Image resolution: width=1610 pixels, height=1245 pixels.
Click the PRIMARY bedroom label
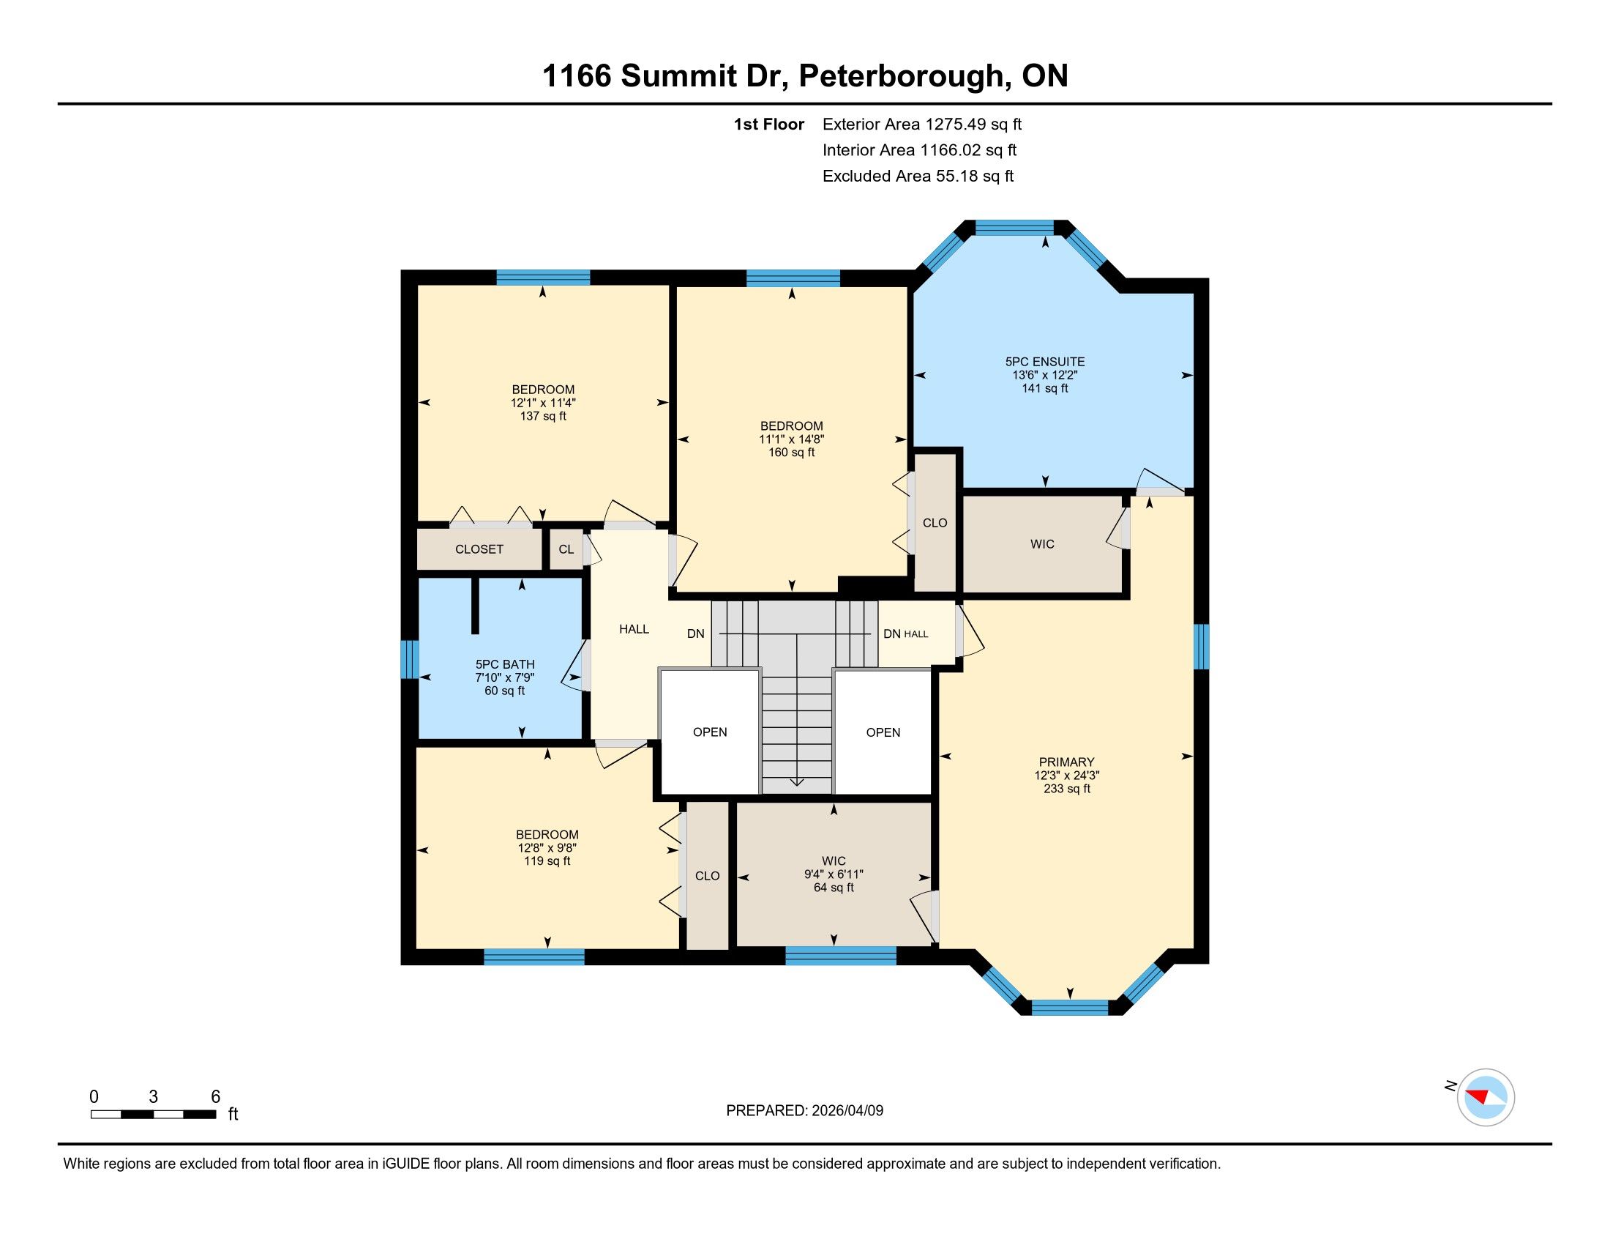pyautogui.click(x=1067, y=762)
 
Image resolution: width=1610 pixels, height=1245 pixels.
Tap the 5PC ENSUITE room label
pyautogui.click(x=1044, y=361)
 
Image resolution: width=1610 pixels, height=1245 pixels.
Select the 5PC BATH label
pyautogui.click(x=505, y=664)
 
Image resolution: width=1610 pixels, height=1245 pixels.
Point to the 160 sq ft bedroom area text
pyautogui.click(x=792, y=452)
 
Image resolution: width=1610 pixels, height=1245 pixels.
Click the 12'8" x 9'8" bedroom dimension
pyautogui.click(x=547, y=848)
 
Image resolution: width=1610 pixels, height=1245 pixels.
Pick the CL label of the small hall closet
pyautogui.click(x=566, y=549)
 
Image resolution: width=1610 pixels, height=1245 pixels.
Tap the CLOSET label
pyautogui.click(x=479, y=549)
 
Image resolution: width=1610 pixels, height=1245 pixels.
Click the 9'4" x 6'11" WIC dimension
pyautogui.click(x=834, y=874)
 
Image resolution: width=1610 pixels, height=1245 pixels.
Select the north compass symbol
pyautogui.click(x=1486, y=1097)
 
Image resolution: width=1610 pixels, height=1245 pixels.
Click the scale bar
pyautogui.click(x=154, y=1114)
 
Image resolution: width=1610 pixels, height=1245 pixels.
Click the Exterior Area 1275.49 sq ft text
pyautogui.click(x=922, y=124)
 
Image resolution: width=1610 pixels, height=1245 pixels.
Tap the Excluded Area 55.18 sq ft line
pyautogui.click(x=918, y=176)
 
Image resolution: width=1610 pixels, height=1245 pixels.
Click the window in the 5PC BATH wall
pyautogui.click(x=409, y=659)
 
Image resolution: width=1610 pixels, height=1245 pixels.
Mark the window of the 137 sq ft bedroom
pyautogui.click(x=543, y=278)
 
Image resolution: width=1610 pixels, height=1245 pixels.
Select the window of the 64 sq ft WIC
pyautogui.click(x=841, y=956)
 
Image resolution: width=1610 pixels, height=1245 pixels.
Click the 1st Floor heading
pyautogui.click(x=769, y=124)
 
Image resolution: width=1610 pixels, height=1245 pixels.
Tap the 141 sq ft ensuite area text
pyautogui.click(x=1044, y=388)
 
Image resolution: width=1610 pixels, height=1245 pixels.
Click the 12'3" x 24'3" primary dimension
pyautogui.click(x=1067, y=775)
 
